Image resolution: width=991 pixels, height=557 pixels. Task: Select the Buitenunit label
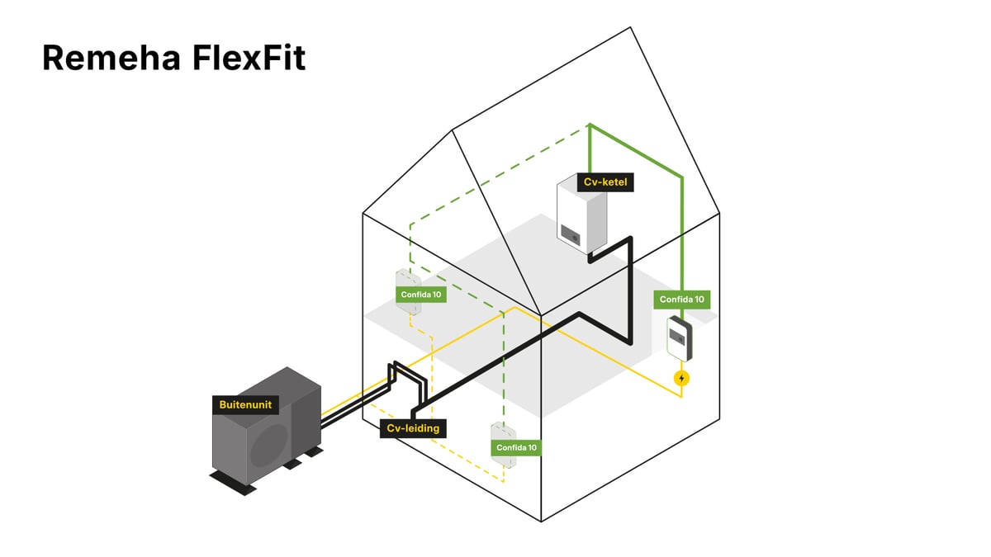[x=245, y=405]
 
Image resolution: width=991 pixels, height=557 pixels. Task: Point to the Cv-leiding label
[x=414, y=428]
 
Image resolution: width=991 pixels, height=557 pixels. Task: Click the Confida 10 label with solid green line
[x=682, y=300]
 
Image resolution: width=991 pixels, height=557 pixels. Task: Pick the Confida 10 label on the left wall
[x=420, y=294]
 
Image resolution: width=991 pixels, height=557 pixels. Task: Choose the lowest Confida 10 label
[x=516, y=447]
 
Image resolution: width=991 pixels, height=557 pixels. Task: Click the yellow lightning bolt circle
[x=681, y=379]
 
